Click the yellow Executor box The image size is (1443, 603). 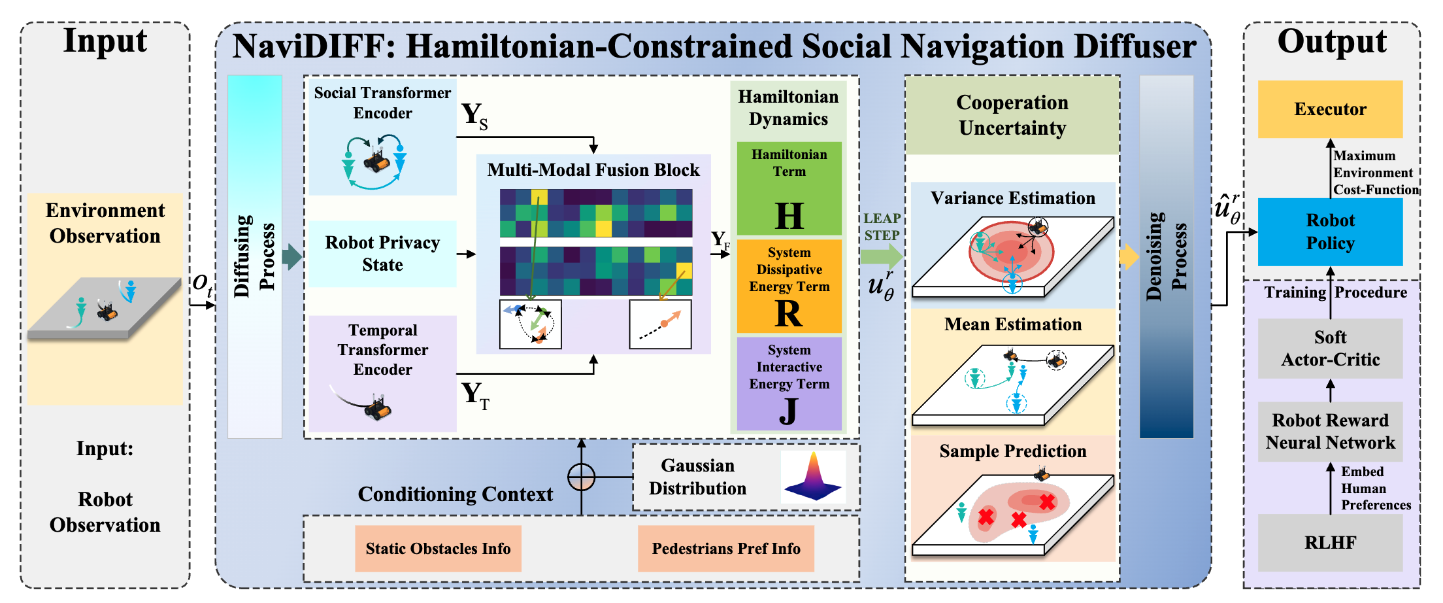[1330, 109]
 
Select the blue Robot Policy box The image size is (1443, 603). [1330, 232]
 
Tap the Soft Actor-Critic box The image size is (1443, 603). [1330, 348]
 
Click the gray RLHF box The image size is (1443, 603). [1330, 542]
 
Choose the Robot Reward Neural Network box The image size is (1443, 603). [1330, 431]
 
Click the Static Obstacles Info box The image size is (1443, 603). [438, 548]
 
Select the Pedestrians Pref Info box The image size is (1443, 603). [725, 548]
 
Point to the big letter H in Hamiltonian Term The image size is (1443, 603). [789, 215]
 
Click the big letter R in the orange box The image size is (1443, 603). [789, 313]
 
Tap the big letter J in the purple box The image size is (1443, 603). [789, 411]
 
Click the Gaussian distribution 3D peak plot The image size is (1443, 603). [813, 477]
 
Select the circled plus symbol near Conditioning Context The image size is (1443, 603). [581, 477]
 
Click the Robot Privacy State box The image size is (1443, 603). [382, 254]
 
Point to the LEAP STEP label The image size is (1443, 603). [882, 227]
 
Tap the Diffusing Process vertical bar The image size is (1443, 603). [254, 256]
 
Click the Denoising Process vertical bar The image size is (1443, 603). [1166, 256]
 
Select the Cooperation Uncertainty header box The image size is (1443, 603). [1012, 115]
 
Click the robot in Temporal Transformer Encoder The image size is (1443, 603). [378, 408]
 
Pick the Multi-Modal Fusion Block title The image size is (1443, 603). [593, 170]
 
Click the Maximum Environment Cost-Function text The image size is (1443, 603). [1375, 173]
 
